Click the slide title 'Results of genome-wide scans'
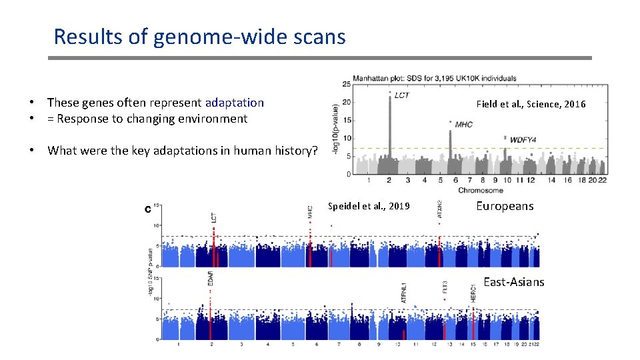(199, 36)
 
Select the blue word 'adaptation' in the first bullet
(234, 103)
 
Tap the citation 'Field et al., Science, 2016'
(531, 104)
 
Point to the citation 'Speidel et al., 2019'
(369, 206)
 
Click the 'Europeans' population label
(505, 206)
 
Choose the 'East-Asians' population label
(513, 282)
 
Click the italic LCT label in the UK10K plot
(402, 95)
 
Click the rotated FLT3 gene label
(445, 288)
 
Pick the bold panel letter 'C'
(147, 210)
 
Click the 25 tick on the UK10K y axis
(346, 84)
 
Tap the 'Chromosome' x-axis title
(475, 190)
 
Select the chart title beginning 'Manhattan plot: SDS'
(433, 77)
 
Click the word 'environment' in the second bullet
(214, 119)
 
